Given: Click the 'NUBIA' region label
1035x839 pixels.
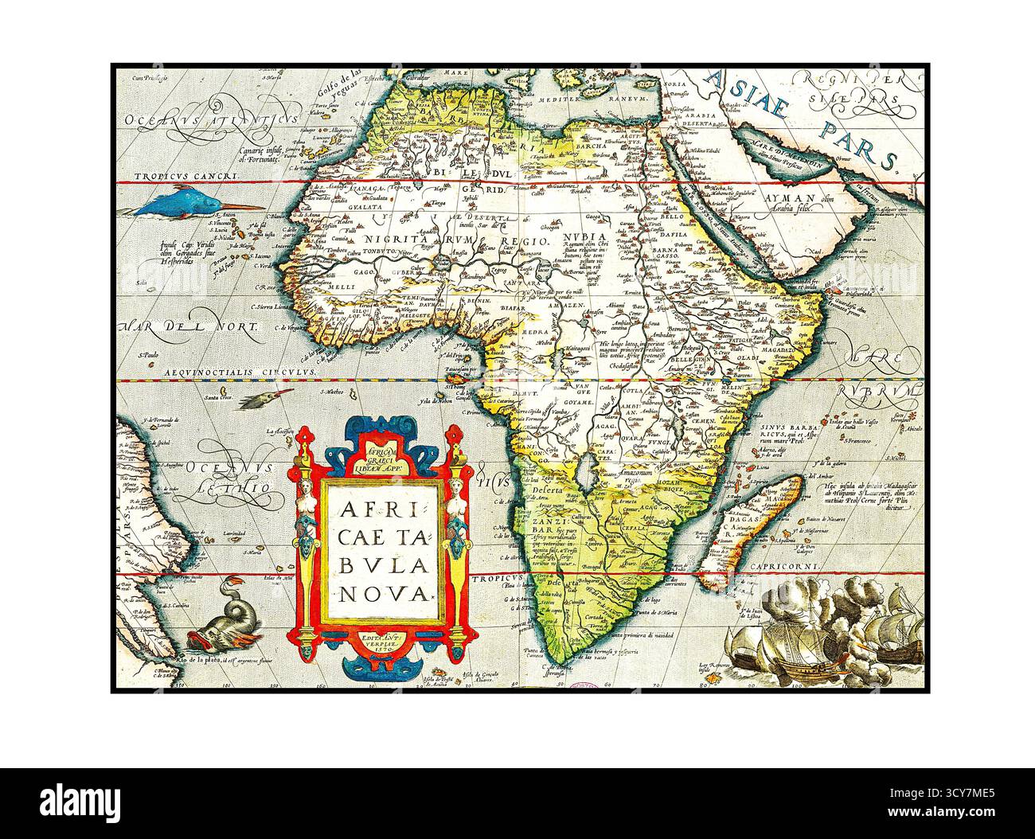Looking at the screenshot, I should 584,238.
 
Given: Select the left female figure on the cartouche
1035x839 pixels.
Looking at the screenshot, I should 307,501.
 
